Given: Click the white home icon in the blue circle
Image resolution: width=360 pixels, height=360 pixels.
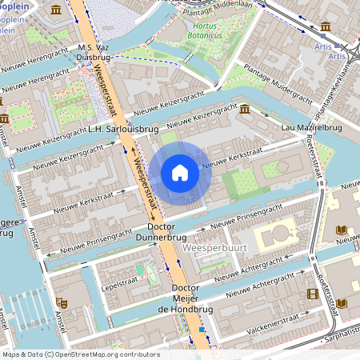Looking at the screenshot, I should pos(180,171).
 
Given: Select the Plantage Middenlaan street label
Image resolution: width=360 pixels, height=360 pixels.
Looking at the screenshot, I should pos(223,4).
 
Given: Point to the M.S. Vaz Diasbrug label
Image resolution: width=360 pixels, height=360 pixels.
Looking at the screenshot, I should pos(94,53).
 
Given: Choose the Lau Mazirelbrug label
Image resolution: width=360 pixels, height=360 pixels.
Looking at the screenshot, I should pos(311,128).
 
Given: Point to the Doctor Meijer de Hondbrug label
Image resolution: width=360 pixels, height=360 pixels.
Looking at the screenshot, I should pos(185,298).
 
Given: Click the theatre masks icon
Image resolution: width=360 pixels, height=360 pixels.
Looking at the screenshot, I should pos(62,302).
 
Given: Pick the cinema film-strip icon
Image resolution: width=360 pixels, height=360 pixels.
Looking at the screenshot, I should pos(312,294).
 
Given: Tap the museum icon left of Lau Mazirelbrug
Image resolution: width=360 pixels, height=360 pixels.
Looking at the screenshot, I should pos(245,109).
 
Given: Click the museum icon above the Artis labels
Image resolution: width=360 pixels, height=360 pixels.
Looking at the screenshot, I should pos(322,26).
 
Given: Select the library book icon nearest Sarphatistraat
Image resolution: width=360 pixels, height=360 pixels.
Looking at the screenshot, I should pos(342,303).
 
